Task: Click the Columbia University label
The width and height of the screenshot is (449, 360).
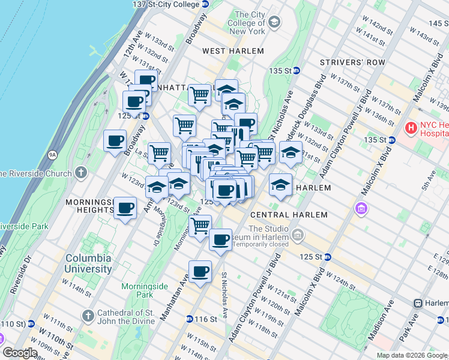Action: click(88, 263)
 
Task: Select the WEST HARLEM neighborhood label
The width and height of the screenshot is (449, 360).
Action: click(233, 51)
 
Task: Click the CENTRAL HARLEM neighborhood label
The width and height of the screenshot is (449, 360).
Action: click(289, 215)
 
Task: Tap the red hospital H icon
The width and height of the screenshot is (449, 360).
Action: click(411, 128)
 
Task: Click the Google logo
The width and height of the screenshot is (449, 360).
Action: click(20, 353)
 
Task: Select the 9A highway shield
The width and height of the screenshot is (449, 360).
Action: click(52, 155)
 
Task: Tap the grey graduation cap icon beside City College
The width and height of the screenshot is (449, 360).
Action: click(274, 23)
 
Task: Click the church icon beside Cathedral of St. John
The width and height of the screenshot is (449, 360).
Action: click(88, 315)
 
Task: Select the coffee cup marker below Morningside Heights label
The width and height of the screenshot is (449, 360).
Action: click(125, 208)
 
